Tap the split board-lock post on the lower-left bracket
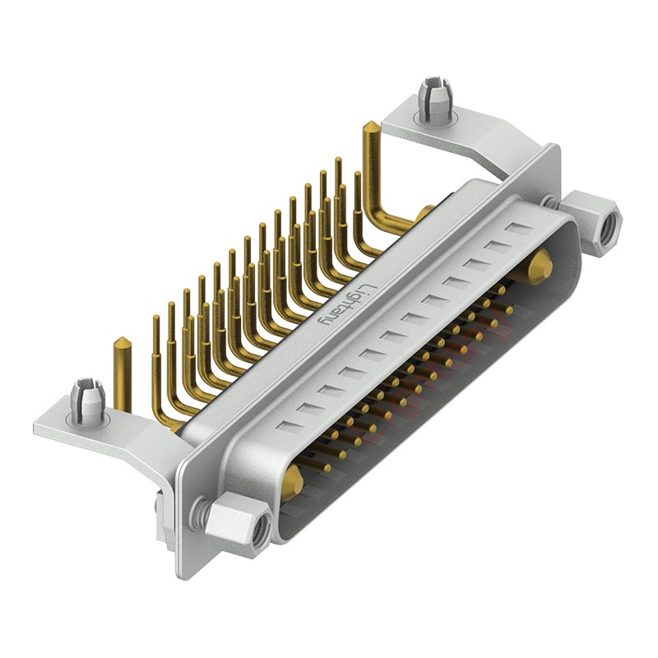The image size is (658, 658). click(87, 399)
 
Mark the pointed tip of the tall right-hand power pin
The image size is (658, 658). click(371, 126)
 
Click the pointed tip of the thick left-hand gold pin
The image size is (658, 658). click(120, 341)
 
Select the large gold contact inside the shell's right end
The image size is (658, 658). click(540, 266)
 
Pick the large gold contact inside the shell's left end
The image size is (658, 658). click(292, 479)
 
